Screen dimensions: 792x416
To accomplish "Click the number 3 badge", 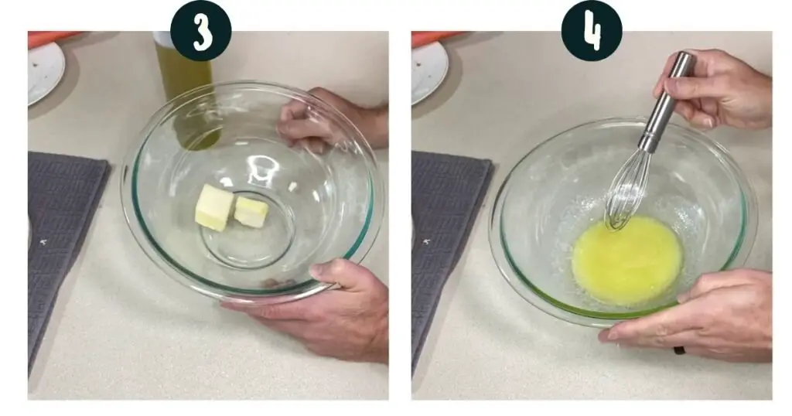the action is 201,30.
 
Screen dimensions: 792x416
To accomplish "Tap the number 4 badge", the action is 592,30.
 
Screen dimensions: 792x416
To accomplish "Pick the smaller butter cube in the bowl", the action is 251,211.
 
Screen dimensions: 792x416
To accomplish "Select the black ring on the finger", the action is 679,350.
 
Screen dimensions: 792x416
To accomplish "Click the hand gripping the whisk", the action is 717,91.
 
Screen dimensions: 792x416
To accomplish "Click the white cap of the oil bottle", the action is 162,39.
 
